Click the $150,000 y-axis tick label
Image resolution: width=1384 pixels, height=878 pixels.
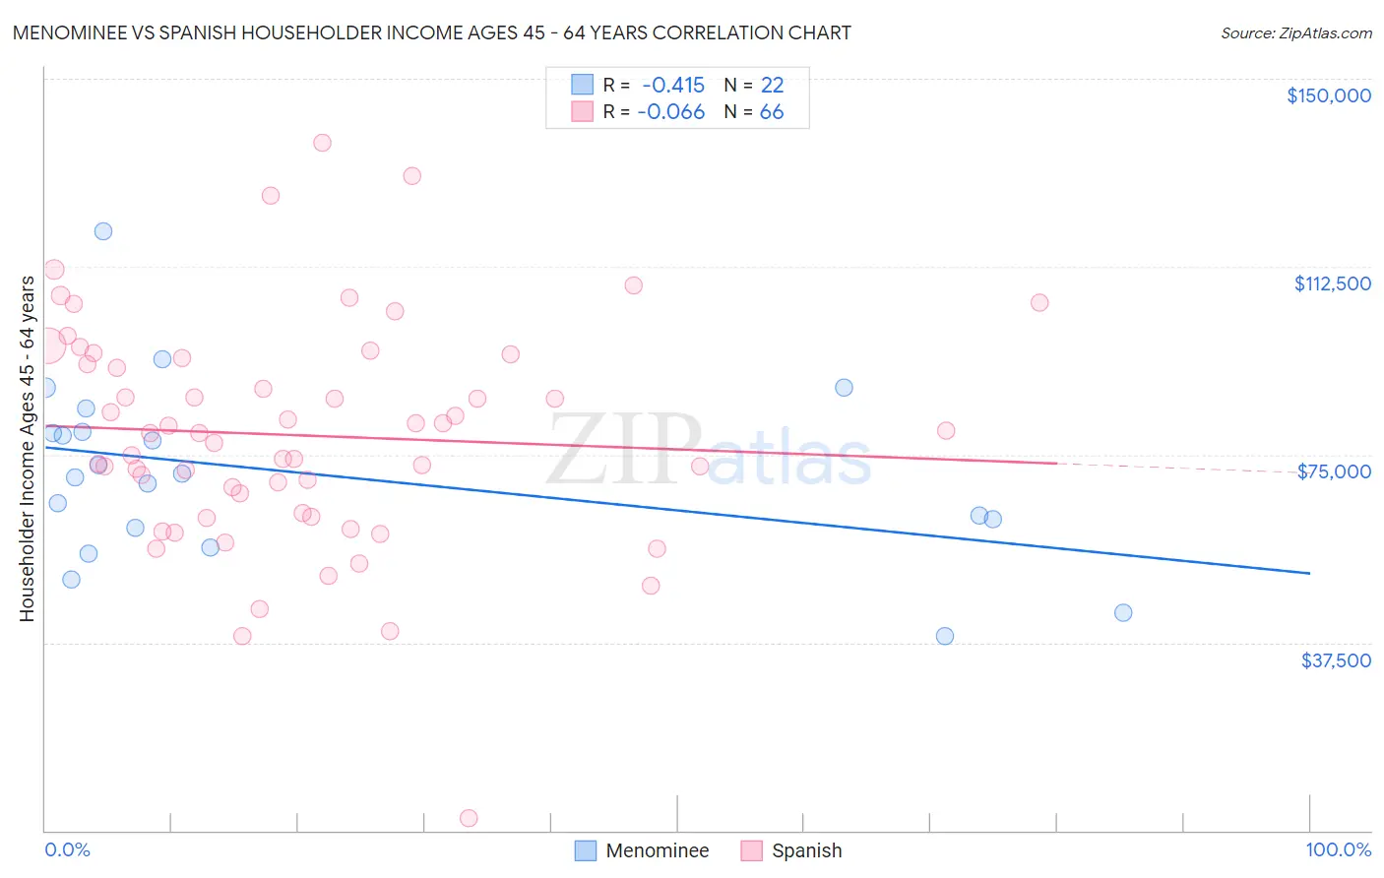(x=1328, y=95)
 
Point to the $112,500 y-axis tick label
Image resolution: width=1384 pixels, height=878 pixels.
(x=1332, y=283)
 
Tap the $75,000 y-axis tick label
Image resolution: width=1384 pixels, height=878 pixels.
(x=1334, y=471)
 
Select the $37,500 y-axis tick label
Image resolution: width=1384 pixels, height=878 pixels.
(x=1336, y=660)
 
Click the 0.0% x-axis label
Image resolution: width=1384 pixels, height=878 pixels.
(x=67, y=849)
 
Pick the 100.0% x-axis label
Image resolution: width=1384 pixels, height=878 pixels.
(x=1338, y=849)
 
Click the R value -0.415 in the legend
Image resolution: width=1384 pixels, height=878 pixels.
(x=673, y=86)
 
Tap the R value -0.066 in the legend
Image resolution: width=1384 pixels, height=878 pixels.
(x=671, y=112)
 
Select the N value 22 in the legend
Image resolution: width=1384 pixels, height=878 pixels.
(x=772, y=86)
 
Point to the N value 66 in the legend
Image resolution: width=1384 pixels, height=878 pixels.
(x=772, y=112)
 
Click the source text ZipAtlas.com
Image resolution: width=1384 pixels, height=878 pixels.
(x=1295, y=33)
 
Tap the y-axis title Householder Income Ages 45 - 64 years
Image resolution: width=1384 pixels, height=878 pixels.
(x=27, y=449)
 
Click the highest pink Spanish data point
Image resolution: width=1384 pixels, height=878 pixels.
(x=322, y=143)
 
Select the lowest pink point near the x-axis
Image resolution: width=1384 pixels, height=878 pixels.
(x=469, y=818)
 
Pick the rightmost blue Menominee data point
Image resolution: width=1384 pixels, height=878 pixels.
(x=1123, y=612)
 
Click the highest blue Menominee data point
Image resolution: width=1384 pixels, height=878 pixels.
(x=103, y=231)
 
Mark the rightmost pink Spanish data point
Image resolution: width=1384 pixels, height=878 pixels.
(x=1039, y=302)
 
